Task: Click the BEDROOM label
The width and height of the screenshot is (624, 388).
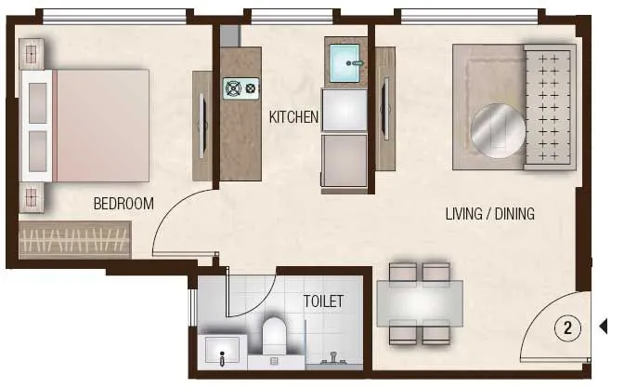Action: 123,204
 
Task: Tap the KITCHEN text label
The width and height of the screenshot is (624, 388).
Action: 293,118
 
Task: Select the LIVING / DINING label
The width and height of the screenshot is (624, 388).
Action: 489,215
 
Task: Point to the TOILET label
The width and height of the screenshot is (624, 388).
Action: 323,301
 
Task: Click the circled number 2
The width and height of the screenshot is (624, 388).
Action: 567,328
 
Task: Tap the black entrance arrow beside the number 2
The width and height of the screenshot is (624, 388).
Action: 603,327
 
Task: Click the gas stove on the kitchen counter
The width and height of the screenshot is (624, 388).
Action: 240,88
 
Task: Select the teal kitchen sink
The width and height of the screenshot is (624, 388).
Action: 346,62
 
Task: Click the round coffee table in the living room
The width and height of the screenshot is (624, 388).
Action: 498,128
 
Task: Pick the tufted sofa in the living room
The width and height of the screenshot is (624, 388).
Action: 549,106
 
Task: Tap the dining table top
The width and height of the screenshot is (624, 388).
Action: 420,301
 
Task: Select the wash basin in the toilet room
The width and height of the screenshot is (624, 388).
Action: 222,351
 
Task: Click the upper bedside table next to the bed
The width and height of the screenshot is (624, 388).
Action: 32,54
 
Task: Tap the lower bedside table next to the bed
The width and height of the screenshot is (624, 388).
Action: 32,197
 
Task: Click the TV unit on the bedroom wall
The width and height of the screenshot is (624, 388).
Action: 201,126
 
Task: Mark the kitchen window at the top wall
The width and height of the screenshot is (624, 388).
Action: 292,15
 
